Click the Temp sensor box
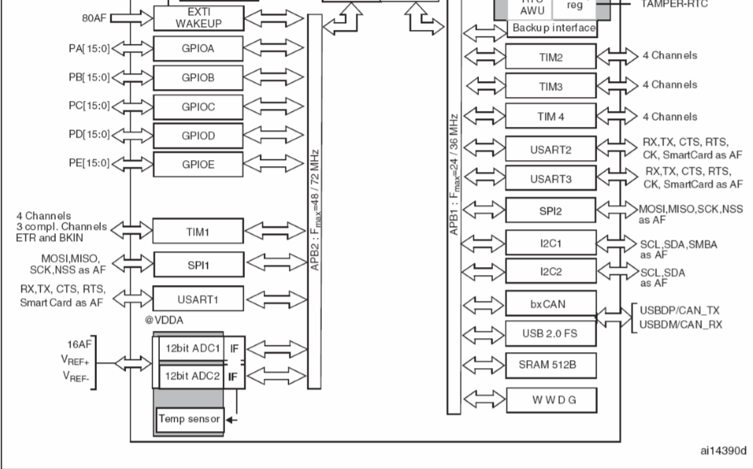[190, 420]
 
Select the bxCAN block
[551, 303]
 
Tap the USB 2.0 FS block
[551, 333]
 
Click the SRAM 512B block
[551, 364]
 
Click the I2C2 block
[551, 271]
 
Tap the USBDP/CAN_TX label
[680, 311]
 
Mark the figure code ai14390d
[722, 451]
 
